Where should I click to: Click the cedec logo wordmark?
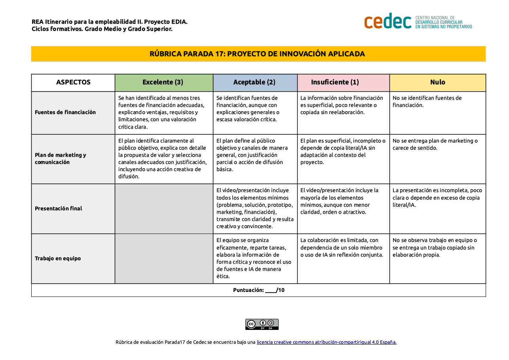pos(387,21)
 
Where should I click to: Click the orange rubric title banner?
pos(258,54)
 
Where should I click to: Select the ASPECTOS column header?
pos(73,82)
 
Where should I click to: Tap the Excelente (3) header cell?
pos(163,82)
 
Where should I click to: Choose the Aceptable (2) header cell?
pos(255,82)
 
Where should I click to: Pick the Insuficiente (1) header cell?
pos(343,82)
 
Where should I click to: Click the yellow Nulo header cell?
pos(437,82)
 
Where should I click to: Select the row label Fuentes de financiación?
pos(65,112)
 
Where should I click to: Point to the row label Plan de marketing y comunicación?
pos(61,158)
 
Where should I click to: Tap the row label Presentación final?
pos(59,208)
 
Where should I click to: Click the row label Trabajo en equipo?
pos(58,258)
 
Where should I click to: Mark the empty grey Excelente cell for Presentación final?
pos(164,208)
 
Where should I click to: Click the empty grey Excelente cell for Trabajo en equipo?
pos(164,258)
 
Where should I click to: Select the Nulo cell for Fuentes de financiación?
pos(437,112)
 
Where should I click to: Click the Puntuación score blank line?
pos(271,291)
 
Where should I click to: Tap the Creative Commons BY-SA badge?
pos(262,324)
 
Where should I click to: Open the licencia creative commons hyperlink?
pos(327,342)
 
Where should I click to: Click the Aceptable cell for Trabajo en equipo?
pos(255,258)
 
